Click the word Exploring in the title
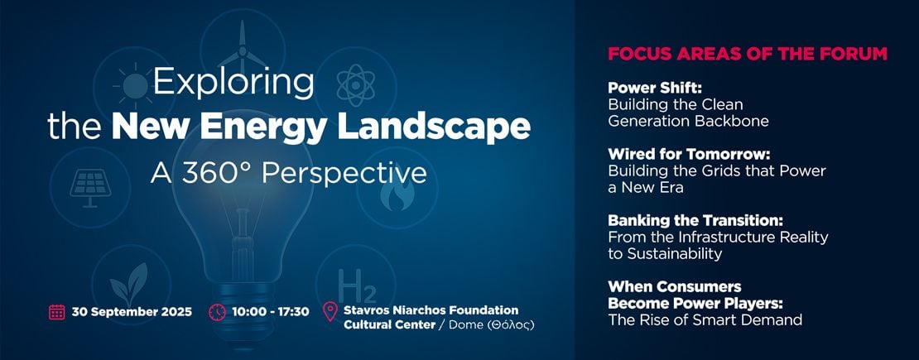coord(233,84)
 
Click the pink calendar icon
coord(57,312)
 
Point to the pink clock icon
coord(217,312)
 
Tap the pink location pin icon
coord(330,311)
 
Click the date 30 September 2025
coord(132,312)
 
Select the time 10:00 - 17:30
coord(270,312)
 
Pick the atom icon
coord(356,85)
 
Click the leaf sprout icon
coord(129,285)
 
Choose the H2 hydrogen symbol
coord(357,286)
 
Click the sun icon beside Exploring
coord(134,85)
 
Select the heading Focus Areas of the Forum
coord(748,54)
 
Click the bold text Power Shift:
coord(655,88)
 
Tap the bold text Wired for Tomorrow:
coord(689,155)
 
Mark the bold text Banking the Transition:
coord(695,221)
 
